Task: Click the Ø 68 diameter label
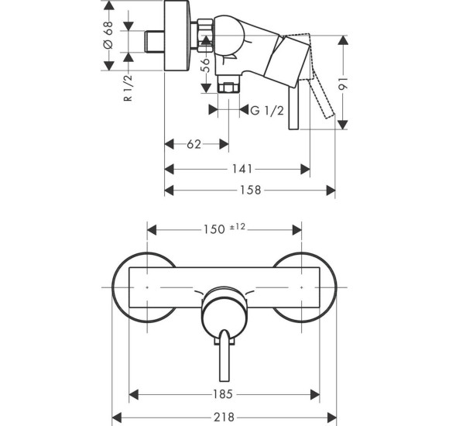click(109, 35)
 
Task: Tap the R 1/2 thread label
click(128, 88)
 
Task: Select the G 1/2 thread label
click(267, 110)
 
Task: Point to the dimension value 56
click(206, 66)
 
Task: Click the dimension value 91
click(343, 83)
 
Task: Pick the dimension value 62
click(194, 144)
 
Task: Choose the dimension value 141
click(242, 169)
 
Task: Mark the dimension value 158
click(250, 190)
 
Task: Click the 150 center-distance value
click(214, 229)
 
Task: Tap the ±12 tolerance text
click(238, 227)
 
